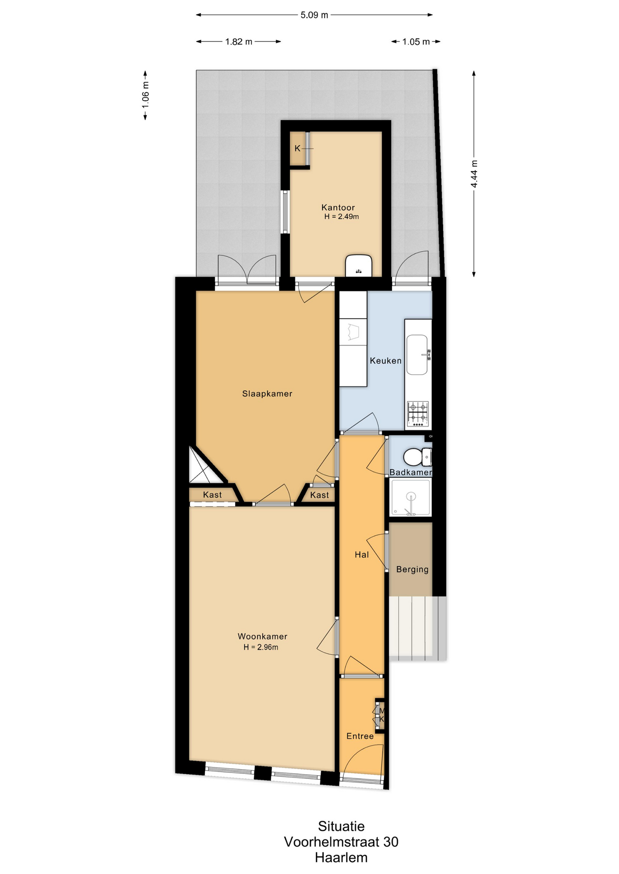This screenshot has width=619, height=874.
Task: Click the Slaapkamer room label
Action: pyautogui.click(x=267, y=394)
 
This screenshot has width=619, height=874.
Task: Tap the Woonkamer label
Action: pyautogui.click(x=263, y=636)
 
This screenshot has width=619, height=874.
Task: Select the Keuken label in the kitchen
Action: pyautogui.click(x=386, y=361)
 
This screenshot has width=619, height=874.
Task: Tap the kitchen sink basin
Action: pyautogui.click(x=417, y=355)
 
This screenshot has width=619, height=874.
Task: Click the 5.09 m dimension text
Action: pyautogui.click(x=314, y=15)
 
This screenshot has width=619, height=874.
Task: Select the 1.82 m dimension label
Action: pyautogui.click(x=238, y=42)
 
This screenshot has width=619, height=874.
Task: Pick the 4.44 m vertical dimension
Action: pyautogui.click(x=474, y=173)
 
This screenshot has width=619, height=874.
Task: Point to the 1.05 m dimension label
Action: pyautogui.click(x=416, y=42)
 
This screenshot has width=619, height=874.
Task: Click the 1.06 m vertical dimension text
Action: pyautogui.click(x=145, y=95)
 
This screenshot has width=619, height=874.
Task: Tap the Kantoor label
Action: pyautogui.click(x=338, y=208)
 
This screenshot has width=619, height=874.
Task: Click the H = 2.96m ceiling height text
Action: pyautogui.click(x=261, y=647)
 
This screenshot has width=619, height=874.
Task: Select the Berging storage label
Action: pyautogui.click(x=413, y=569)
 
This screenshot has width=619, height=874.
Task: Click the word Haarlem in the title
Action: pyautogui.click(x=341, y=858)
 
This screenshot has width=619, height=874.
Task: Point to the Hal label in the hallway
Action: pyautogui.click(x=362, y=554)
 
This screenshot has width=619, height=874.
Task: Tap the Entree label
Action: pyautogui.click(x=360, y=736)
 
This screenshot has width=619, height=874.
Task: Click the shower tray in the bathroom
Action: pyautogui.click(x=410, y=497)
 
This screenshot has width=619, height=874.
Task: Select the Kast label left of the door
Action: pyautogui.click(x=212, y=495)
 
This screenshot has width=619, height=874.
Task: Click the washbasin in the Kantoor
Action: pyautogui.click(x=359, y=265)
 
